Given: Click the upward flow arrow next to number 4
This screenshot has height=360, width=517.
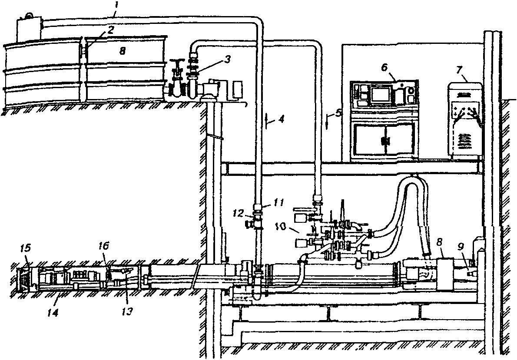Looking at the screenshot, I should point(268,119).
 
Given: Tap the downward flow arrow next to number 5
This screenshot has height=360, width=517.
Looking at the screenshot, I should point(326,119).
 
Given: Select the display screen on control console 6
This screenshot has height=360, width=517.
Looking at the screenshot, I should point(379,93).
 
